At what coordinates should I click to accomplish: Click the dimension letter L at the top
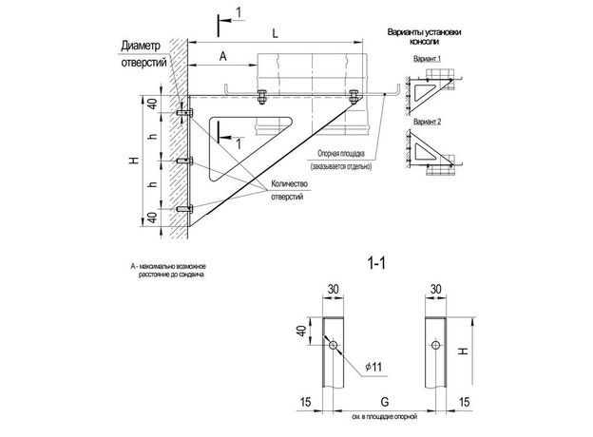[274, 33]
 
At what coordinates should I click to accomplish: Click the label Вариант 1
[428, 58]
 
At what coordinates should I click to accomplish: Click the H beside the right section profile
[461, 352]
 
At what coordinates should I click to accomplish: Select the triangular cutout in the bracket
[243, 141]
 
